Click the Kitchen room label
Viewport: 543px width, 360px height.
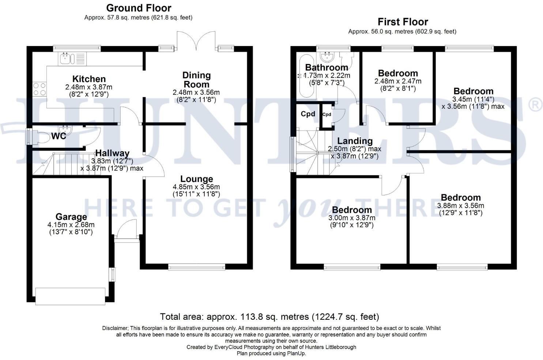(x=89, y=79)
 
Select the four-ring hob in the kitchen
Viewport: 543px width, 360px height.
(x=39, y=89)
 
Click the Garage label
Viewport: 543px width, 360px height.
(x=71, y=217)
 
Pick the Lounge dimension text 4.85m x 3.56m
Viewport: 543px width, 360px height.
(x=196, y=187)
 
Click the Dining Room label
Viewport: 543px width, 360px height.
(x=197, y=80)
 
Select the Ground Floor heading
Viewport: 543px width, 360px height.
(x=139, y=8)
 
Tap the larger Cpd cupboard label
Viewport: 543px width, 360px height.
(x=308, y=114)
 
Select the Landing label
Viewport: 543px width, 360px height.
(x=355, y=141)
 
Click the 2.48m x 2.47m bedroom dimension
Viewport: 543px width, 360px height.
(x=398, y=81)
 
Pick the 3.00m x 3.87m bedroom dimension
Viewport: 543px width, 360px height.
(x=352, y=218)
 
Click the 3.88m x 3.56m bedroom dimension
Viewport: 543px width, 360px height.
(x=461, y=206)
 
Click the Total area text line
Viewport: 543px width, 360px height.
(x=269, y=316)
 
